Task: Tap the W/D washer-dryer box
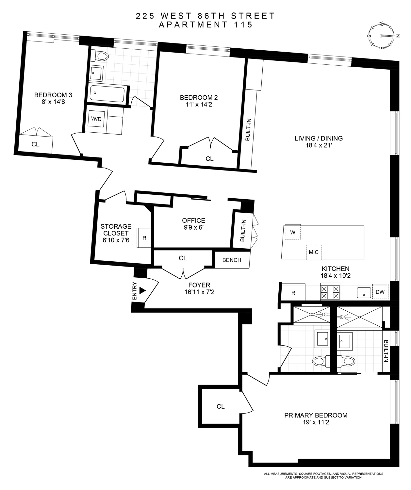[x=96, y=119]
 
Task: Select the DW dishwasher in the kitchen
[x=380, y=292]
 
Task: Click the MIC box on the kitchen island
[x=314, y=252]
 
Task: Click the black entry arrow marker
[x=142, y=290]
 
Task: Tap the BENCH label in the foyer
[x=232, y=260]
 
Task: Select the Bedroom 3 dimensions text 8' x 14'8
[x=53, y=102]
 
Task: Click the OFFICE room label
[x=194, y=220]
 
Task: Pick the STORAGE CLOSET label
[x=116, y=230]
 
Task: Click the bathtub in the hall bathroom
[x=107, y=94]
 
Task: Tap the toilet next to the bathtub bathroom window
[x=99, y=56]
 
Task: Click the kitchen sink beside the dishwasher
[x=364, y=292]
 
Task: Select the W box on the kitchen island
[x=293, y=233]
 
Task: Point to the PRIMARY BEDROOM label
[x=316, y=415]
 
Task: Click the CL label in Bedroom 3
[x=35, y=144]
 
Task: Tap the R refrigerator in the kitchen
[x=293, y=293]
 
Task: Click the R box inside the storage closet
[x=144, y=237]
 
